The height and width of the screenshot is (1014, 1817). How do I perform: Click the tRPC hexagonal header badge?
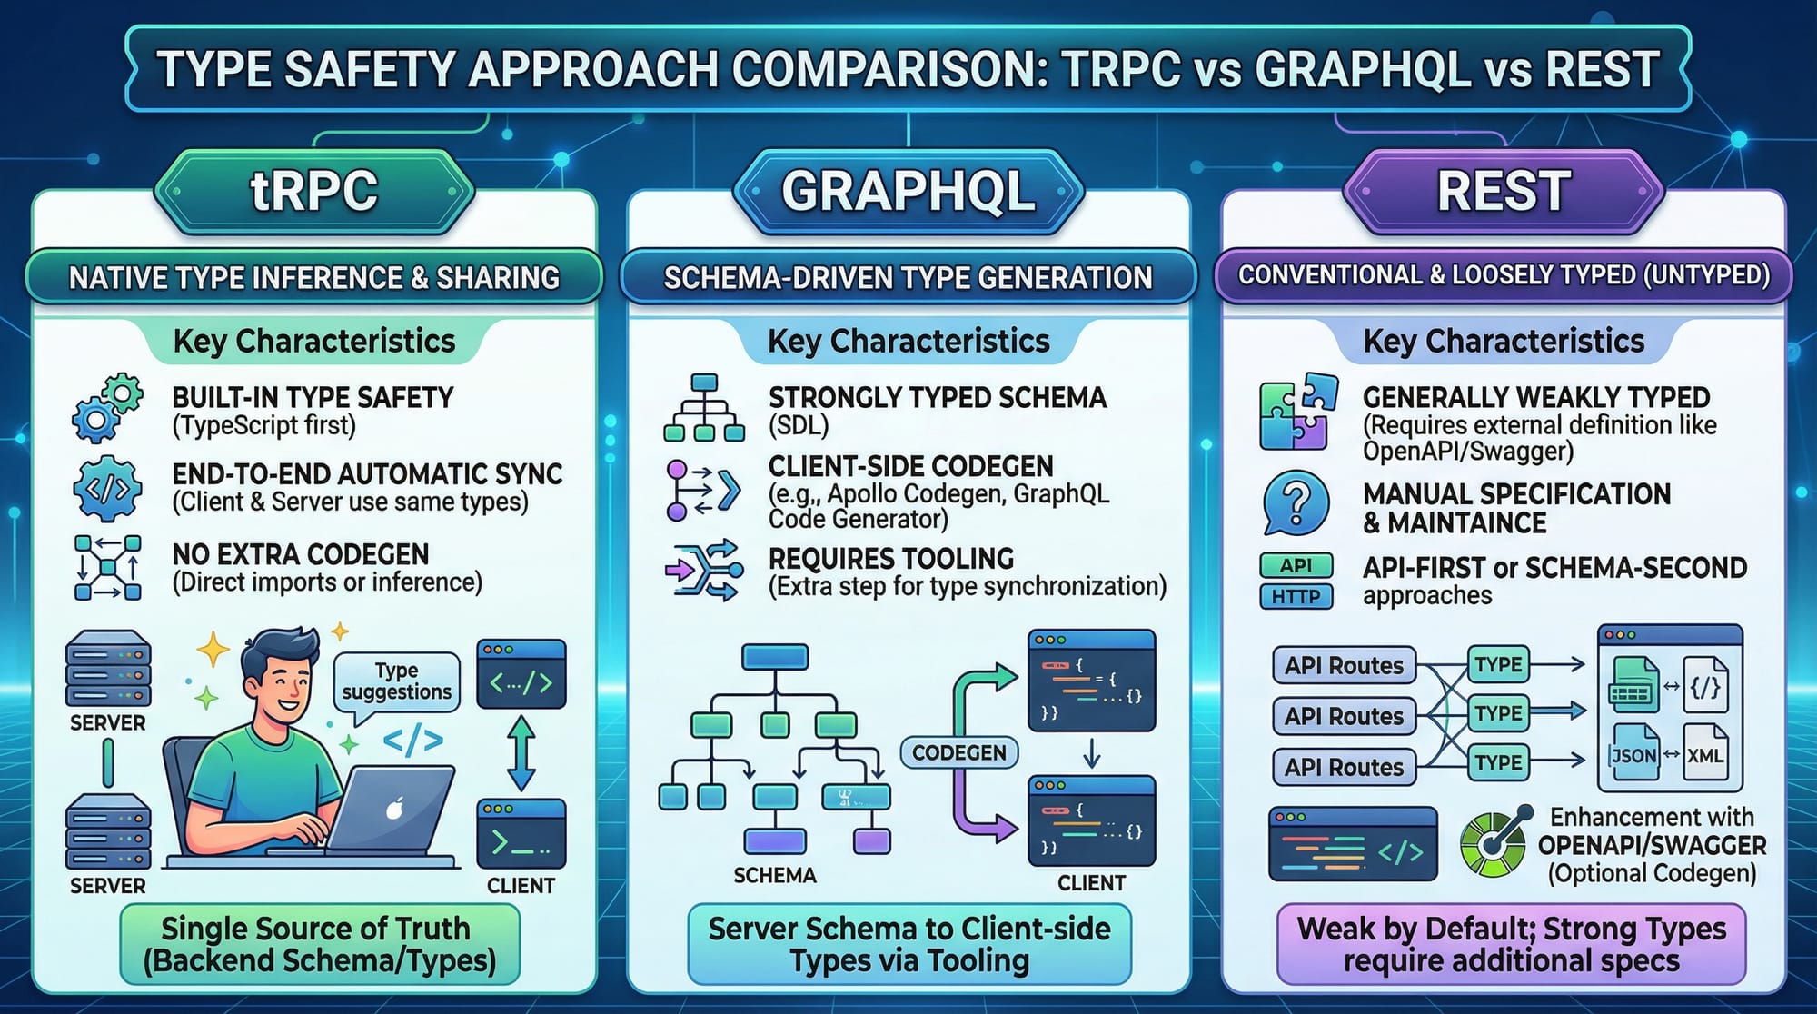(314, 191)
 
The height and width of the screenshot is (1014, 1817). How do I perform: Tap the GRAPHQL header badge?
(908, 191)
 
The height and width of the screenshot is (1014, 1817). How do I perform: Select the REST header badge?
(1504, 191)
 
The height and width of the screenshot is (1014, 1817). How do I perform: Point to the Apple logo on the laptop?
(394, 808)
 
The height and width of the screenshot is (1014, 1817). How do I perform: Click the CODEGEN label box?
(959, 752)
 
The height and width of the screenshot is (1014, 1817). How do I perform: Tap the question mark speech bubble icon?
(1296, 502)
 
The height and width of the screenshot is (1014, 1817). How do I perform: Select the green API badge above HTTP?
(1296, 565)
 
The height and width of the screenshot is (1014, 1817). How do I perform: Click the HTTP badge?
(1296, 597)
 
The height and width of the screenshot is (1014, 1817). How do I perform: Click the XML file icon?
(1705, 753)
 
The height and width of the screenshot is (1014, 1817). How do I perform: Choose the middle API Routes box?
(1344, 716)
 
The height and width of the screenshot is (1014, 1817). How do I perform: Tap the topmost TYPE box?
(1498, 664)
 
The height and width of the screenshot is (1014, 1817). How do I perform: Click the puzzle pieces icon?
(1297, 412)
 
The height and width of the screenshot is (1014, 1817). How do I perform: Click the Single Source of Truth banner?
(320, 945)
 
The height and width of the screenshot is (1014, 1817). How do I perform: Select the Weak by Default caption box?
(1511, 945)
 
